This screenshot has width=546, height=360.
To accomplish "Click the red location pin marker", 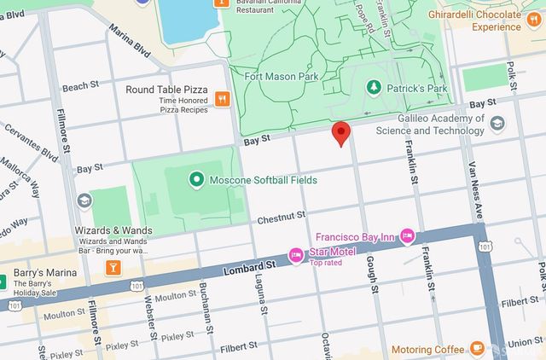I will (341, 133).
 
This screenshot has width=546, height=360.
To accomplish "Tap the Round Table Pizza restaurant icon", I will (222, 98).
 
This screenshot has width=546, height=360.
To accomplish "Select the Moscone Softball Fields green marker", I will (196, 180).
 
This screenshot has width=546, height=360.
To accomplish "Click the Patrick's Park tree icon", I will (373, 87).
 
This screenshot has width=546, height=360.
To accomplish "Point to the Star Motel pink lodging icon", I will (296, 255).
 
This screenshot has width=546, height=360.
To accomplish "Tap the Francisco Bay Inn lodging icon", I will (407, 235).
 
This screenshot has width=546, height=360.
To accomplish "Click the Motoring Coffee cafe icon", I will (476, 350).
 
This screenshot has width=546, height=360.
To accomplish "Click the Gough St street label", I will (372, 273).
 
